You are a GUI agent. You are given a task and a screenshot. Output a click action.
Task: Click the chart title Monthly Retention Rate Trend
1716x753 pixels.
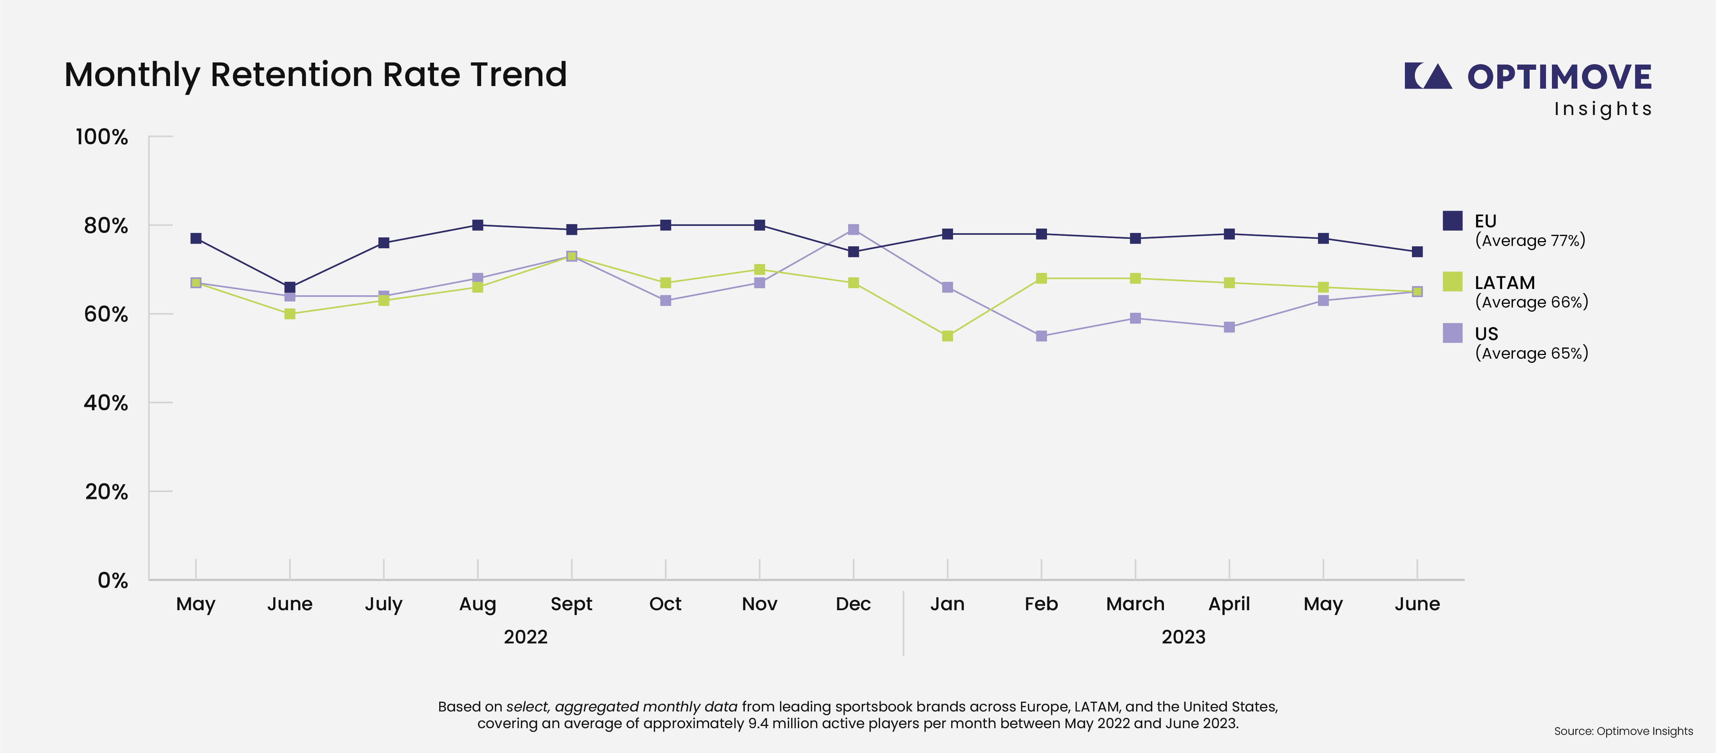pos(315,75)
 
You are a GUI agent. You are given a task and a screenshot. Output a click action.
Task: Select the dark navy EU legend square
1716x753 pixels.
pos(1452,220)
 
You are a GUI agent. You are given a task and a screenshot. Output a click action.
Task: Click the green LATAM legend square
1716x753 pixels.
pos(1452,282)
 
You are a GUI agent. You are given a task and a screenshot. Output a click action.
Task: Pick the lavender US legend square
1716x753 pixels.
pos(1452,333)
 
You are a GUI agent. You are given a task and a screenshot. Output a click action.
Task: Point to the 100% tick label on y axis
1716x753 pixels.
pos(101,137)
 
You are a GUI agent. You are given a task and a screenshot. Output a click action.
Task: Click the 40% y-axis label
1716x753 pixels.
pos(105,403)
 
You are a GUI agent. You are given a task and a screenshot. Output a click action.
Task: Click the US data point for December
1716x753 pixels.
pos(853,230)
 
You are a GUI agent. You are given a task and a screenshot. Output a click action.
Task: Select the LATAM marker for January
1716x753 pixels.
pos(947,336)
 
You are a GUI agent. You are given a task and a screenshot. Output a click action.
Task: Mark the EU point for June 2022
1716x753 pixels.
pos(290,287)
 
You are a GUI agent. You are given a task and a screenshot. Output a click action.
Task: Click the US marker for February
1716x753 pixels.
pos(1041,336)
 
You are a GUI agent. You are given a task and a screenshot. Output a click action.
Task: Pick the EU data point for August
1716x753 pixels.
pos(477,225)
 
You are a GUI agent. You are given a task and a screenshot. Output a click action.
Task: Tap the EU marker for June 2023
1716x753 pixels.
pos(1417,251)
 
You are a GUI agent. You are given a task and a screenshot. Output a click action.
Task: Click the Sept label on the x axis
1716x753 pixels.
pos(571,604)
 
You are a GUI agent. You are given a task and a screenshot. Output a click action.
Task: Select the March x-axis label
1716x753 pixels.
pos(1135,604)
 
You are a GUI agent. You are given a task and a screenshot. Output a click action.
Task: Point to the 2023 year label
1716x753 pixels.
pos(1183,637)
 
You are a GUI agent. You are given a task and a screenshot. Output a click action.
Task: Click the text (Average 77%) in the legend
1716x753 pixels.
pos(1530,240)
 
